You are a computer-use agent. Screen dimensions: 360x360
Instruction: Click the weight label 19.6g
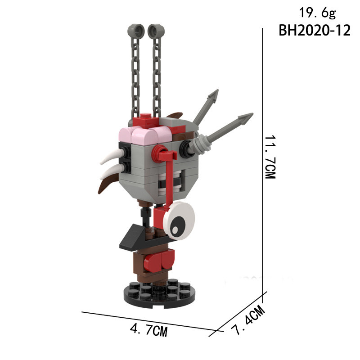[x=318, y=13]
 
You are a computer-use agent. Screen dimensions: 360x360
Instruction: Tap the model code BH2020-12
[x=315, y=30]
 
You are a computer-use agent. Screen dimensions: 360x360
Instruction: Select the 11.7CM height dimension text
[x=270, y=157]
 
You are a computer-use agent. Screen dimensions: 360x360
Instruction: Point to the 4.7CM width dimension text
[x=149, y=330]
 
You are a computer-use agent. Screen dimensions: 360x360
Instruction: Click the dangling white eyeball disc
[x=179, y=221]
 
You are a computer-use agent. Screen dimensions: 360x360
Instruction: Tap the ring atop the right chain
[x=156, y=30]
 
